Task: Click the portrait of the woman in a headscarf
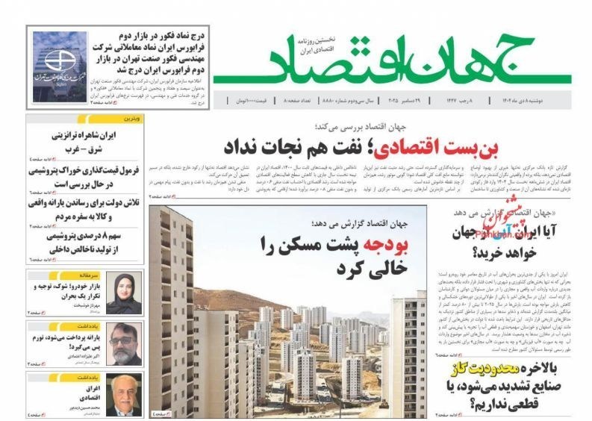tap(123, 292)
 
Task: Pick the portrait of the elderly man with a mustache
tap(123, 396)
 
